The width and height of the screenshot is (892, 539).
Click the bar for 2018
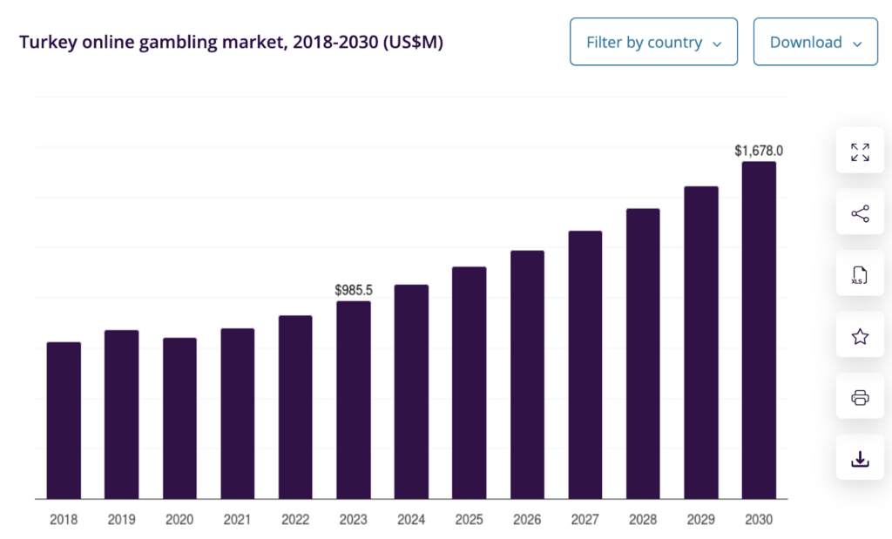tap(64, 421)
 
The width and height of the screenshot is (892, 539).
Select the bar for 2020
tap(179, 418)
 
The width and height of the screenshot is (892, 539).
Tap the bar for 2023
tap(354, 400)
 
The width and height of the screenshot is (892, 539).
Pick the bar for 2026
tap(527, 374)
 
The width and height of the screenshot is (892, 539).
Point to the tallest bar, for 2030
tap(759, 330)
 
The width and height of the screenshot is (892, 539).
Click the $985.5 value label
tap(354, 289)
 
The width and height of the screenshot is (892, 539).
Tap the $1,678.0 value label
tap(759, 151)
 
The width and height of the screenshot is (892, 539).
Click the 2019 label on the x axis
tap(121, 520)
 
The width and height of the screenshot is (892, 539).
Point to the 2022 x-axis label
tap(295, 520)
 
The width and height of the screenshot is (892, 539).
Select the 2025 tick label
tap(469, 520)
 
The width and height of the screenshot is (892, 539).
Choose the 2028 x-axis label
tap(643, 520)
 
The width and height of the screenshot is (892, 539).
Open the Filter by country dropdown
tap(653, 42)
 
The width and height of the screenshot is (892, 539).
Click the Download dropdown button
tap(815, 42)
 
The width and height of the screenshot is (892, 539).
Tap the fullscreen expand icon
tap(860, 152)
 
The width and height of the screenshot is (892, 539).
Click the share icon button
tap(860, 214)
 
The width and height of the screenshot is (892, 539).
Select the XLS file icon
tap(860, 275)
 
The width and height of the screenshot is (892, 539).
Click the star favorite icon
tap(860, 337)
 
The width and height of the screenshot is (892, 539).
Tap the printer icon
tap(860, 398)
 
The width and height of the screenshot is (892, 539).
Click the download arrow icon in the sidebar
tap(860, 459)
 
